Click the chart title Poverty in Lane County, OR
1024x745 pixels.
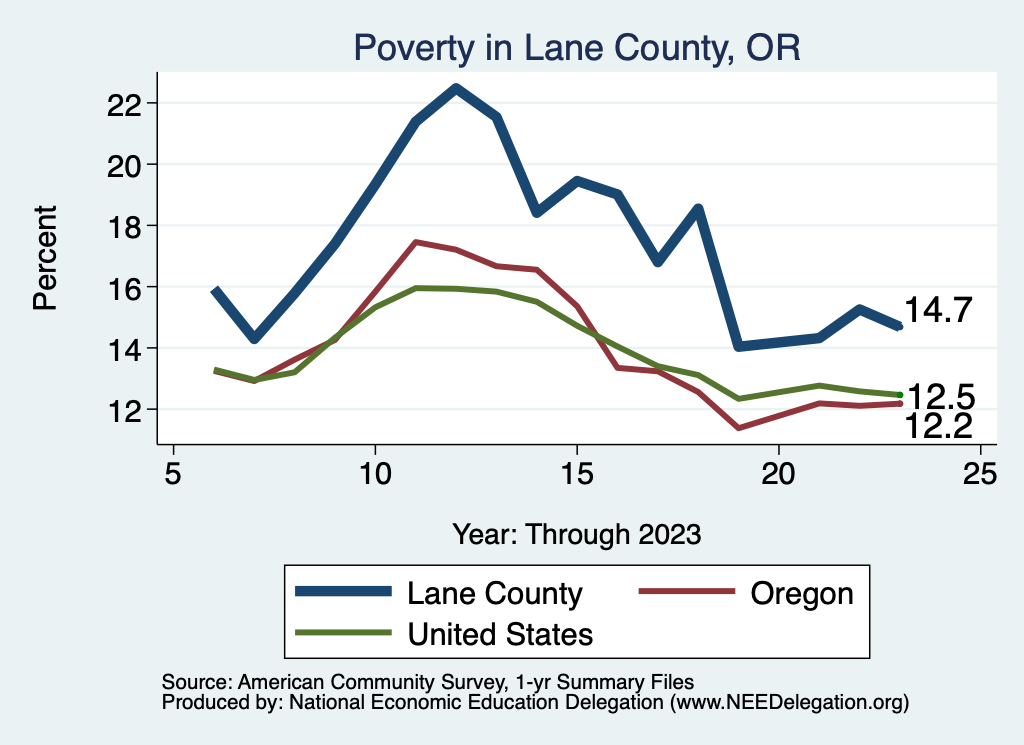click(x=577, y=48)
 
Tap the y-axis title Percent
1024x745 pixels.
click(x=45, y=257)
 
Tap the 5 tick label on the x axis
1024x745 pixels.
click(x=173, y=474)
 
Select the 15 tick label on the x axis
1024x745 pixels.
click(x=576, y=474)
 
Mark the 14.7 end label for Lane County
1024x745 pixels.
click(x=938, y=311)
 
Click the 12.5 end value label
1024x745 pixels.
click(x=940, y=396)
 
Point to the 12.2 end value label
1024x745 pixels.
click(x=939, y=427)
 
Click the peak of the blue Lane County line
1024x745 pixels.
click(x=456, y=88)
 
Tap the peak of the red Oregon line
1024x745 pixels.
click(x=415, y=242)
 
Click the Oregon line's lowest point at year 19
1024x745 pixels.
click(x=738, y=428)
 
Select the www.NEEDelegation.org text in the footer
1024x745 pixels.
click(x=790, y=703)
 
